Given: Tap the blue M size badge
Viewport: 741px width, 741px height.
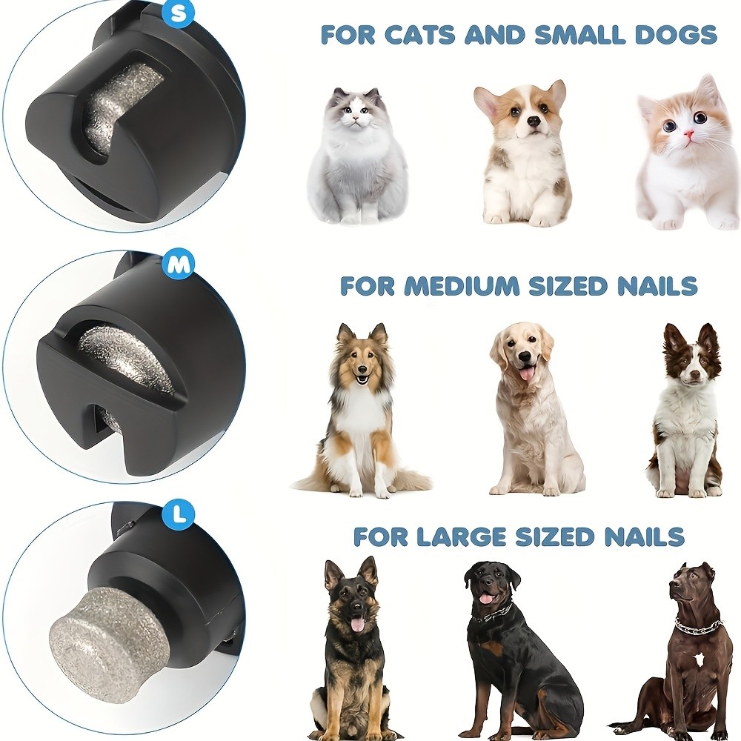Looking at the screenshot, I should click(179, 265).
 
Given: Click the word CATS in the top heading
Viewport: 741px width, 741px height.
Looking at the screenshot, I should click(428, 34).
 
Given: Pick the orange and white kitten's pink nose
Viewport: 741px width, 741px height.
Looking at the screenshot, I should click(688, 136).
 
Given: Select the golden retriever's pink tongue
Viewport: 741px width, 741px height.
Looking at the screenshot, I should click(528, 374).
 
